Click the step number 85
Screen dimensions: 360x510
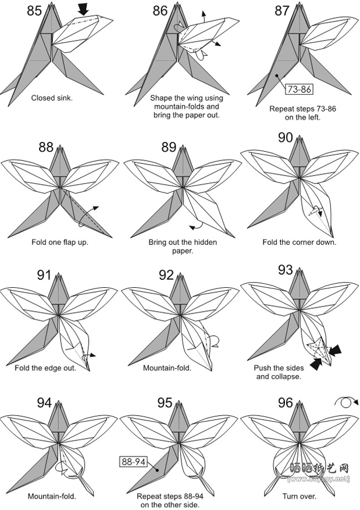(34, 10)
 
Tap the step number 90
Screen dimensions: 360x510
(285, 138)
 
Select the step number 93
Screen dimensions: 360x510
(285, 270)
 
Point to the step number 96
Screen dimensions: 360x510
(285, 402)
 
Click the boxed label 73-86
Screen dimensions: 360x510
(299, 89)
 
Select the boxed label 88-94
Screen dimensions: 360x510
(134, 461)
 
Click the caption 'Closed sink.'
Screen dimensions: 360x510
(52, 98)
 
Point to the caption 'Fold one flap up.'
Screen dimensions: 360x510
(60, 242)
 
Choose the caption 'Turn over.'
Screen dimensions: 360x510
(299, 497)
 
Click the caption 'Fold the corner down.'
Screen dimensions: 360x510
(299, 242)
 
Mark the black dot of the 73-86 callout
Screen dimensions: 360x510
(277, 76)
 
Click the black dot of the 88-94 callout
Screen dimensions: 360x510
(157, 470)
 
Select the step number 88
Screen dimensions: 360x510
(46, 147)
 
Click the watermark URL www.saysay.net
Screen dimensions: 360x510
(319, 479)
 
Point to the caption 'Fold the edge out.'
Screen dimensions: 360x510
(45, 368)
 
